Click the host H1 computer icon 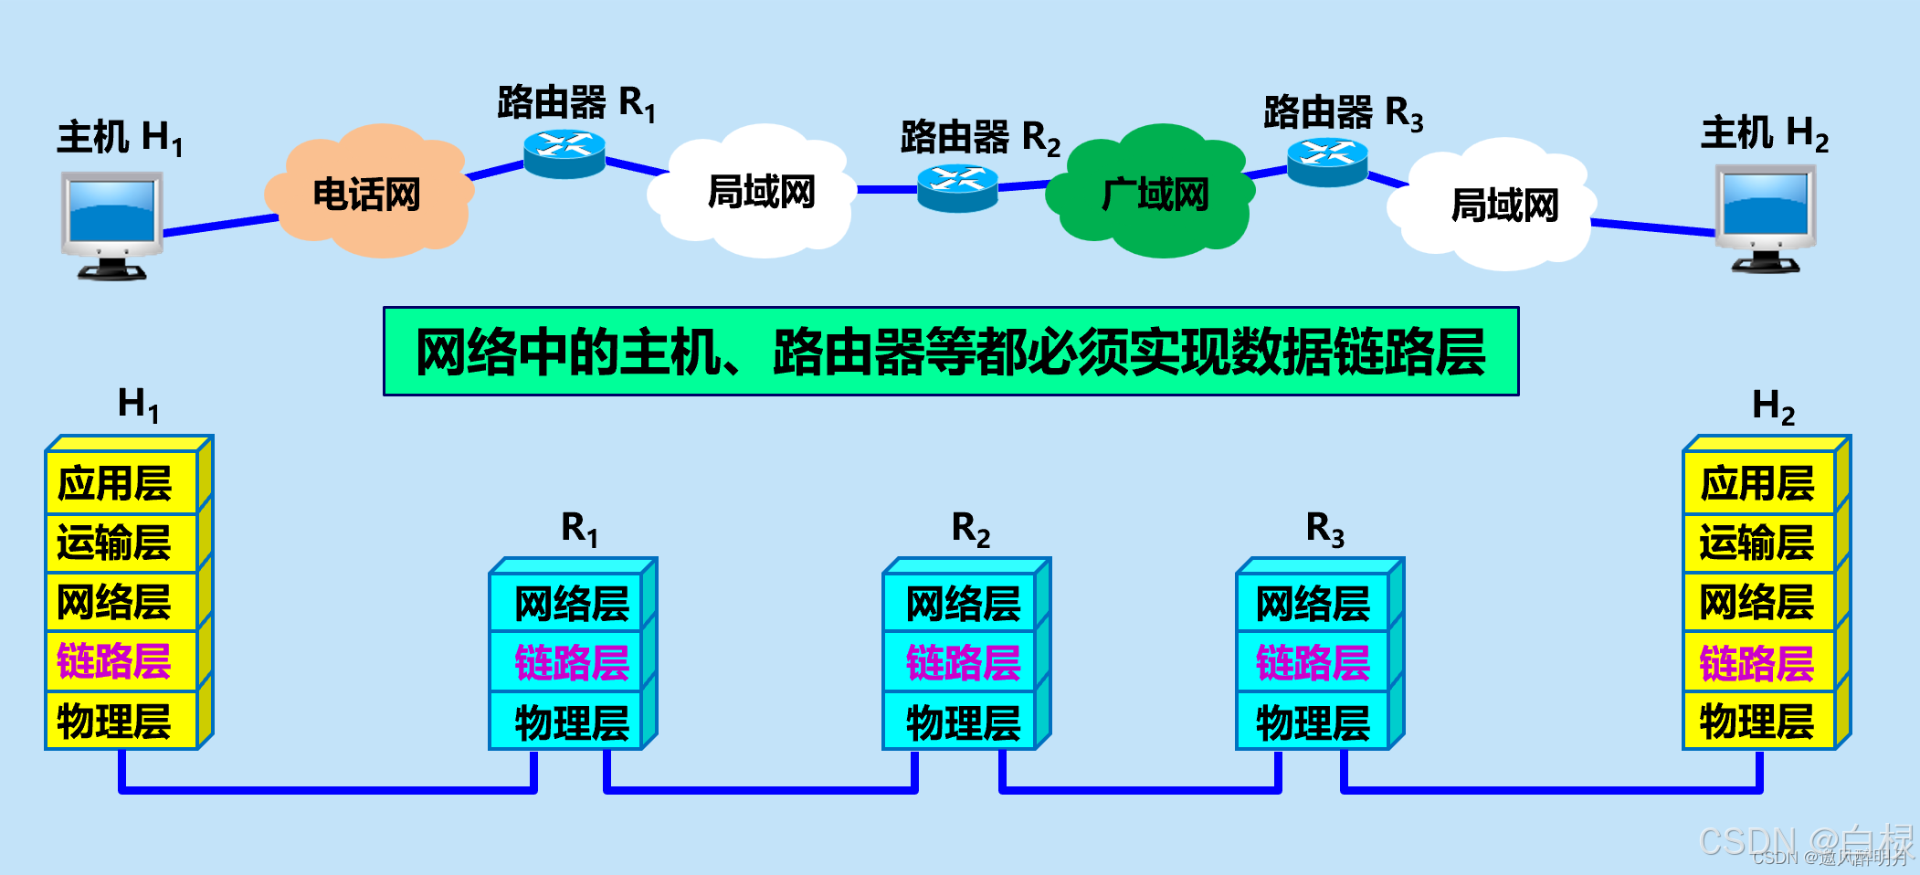point(111,224)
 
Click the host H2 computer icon point(1765,217)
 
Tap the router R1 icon point(564,153)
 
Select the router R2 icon point(957,187)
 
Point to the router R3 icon point(1327,162)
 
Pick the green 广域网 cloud point(1154,193)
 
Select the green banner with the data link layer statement point(950,352)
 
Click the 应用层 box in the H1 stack point(121,482)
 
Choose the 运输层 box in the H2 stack point(1758,543)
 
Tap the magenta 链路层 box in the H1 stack point(121,661)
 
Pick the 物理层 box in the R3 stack point(1312,722)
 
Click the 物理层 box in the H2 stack point(1758,722)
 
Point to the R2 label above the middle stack point(970,529)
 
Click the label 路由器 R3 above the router point(1343,113)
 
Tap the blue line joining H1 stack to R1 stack point(327,788)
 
